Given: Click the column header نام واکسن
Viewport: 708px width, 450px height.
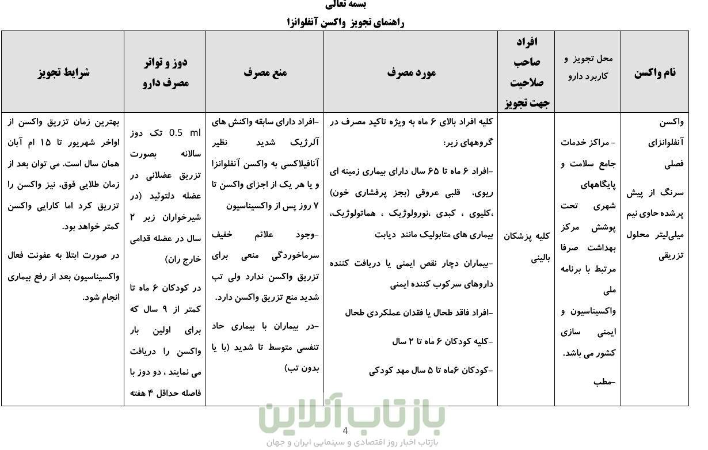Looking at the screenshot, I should [655, 73].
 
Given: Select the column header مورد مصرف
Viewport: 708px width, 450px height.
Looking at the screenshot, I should [411, 73].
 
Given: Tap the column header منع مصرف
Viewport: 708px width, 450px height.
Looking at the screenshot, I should [265, 73].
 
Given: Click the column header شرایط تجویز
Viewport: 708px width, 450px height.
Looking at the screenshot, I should [64, 73].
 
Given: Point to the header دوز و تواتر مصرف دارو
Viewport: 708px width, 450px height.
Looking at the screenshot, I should [165, 73].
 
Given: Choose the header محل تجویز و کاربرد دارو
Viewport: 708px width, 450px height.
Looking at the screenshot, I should [588, 67].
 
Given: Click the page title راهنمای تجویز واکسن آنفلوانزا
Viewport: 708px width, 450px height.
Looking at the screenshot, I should [345, 22].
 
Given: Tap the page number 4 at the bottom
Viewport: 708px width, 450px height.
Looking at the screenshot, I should [345, 431].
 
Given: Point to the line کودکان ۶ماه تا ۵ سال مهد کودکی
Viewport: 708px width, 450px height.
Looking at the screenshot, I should [431, 370].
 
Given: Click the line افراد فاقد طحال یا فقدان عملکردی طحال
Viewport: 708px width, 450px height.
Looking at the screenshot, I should [419, 312].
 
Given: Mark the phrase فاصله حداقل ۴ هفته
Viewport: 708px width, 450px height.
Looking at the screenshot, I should [165, 393].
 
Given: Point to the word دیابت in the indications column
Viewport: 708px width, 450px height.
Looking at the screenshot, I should [387, 235].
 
